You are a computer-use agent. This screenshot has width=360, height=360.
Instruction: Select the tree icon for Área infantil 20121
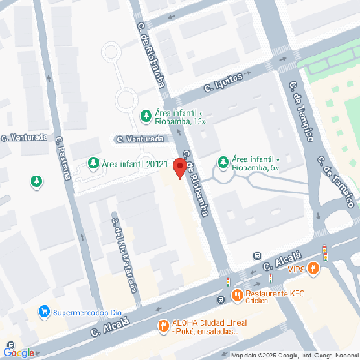point(93,164)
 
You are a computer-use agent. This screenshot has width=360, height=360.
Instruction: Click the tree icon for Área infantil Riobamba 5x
point(224,162)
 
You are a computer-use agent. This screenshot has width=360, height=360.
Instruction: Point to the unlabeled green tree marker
point(37,182)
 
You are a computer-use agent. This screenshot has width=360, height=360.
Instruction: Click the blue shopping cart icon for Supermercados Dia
point(43,313)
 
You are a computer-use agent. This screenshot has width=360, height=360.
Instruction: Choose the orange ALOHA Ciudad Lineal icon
point(163,326)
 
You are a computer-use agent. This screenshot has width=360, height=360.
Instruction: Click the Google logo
point(20,352)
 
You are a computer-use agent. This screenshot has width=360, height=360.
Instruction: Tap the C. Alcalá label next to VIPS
point(280,261)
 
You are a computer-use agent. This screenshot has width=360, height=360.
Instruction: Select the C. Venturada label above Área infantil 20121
point(141,139)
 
